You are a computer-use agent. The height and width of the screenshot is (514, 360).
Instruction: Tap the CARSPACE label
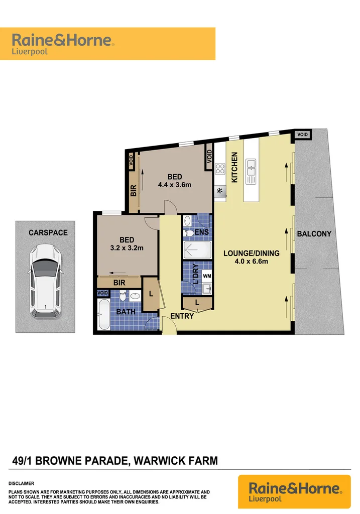(48, 233)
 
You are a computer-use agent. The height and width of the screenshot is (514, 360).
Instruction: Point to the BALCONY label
(314, 234)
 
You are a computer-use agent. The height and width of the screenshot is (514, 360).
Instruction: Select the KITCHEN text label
(234, 167)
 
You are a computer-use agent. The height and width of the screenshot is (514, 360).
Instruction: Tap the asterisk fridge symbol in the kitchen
(219, 191)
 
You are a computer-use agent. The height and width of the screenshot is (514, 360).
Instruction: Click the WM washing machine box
(207, 275)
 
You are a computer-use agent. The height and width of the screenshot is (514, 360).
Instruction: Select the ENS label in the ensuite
(202, 232)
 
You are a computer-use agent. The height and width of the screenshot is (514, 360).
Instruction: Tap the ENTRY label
(182, 316)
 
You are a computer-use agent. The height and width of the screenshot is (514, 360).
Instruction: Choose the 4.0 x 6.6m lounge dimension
(251, 261)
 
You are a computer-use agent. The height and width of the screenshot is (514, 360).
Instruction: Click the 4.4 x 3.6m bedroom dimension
(175, 184)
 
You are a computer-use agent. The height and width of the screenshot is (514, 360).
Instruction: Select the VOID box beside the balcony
(302, 135)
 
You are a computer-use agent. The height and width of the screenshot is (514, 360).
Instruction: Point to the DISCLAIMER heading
(21, 483)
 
